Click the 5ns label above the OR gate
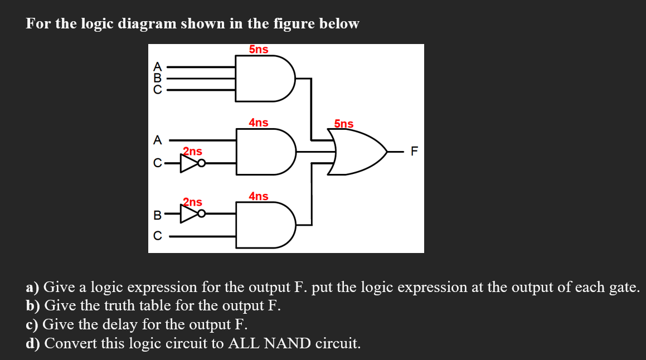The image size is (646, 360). click(x=343, y=124)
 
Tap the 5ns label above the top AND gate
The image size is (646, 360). click(x=259, y=50)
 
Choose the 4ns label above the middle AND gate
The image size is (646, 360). click(x=259, y=123)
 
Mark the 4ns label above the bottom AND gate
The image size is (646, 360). click(x=259, y=196)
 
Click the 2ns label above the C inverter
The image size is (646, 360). click(x=193, y=151)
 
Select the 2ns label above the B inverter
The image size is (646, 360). click(x=193, y=202)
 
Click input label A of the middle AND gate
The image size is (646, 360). click(x=158, y=140)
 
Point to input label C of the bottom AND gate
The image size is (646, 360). click(x=158, y=236)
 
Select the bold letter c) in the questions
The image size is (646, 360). click(x=32, y=324)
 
